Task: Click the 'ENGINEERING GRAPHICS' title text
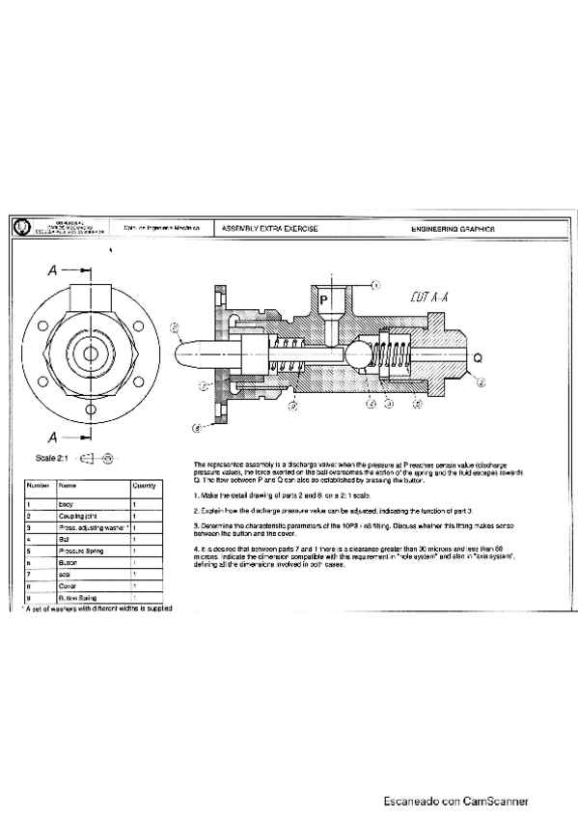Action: (453, 229)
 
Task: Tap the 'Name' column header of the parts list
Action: (68, 486)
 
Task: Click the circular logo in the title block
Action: (21, 229)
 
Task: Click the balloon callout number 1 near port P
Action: (375, 285)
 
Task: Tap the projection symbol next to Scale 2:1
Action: (97, 458)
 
